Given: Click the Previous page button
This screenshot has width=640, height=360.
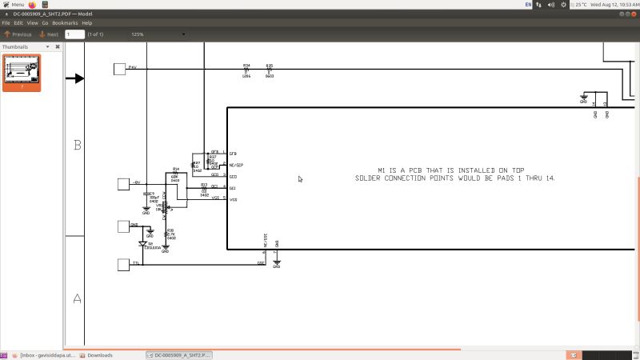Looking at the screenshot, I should coord(18,34).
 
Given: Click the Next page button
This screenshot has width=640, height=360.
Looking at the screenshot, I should coord(48,34).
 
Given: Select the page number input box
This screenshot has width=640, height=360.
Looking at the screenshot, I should coord(74,34).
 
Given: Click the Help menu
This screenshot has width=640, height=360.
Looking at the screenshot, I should coord(87,22).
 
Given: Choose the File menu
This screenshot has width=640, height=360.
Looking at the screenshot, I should coord(6,22).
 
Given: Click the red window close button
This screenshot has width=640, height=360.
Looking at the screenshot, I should coord(5,14).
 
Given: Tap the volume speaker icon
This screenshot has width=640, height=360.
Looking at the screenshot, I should coord(551,5).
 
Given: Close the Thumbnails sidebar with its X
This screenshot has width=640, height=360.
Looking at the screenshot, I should coord(57,46).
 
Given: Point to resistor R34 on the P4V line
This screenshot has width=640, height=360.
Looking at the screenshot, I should coord(246,70).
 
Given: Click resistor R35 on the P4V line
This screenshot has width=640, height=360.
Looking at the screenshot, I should coord(270,70).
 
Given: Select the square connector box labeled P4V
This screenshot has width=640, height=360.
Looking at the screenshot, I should coord(120,69).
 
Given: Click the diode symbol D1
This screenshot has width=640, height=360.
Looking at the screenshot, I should coord(142,242).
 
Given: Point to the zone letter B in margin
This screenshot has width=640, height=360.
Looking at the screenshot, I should coord(78,145).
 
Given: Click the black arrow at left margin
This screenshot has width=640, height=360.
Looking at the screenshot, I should coord(75,78).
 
